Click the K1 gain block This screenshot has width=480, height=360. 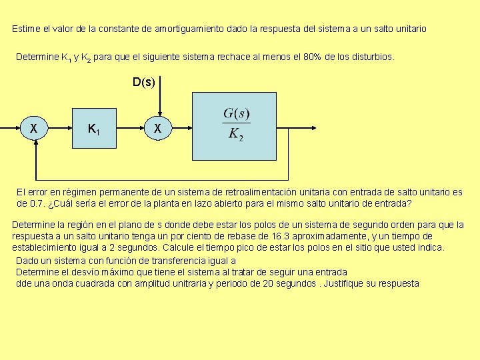pos(94,128)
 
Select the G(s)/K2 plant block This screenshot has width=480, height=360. pos(234,126)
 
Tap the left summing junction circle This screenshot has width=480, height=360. pos(34,128)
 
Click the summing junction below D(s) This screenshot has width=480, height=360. pos(158,128)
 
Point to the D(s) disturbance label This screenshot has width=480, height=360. pos(144,82)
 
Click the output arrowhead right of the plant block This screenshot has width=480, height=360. pos(314,128)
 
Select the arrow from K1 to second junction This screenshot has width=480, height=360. pos(131,128)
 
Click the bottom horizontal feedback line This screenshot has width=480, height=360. pos(162,180)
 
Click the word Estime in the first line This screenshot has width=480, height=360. pos(26,29)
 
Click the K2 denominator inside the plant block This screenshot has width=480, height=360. pos(236,135)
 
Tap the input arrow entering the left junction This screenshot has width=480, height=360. pos(10,128)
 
